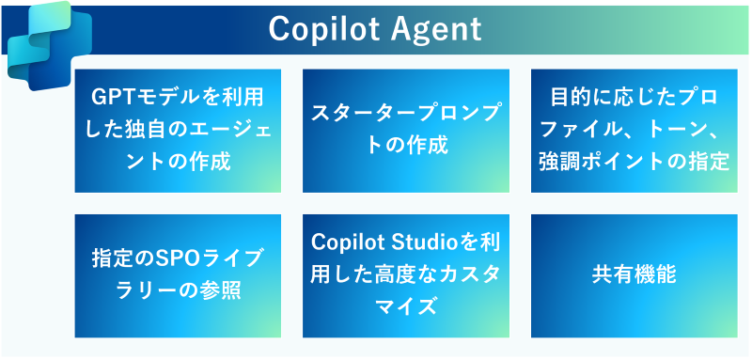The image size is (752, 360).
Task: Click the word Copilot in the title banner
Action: tap(323, 29)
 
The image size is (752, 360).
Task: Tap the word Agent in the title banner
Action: tap(435, 30)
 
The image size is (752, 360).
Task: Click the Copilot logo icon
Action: tap(50, 45)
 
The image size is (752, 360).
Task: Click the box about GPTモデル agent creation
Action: tap(178, 131)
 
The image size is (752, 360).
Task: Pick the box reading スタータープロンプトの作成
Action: tap(406, 131)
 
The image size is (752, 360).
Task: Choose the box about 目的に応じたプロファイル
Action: tap(634, 131)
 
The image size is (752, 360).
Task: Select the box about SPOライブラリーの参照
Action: tap(178, 275)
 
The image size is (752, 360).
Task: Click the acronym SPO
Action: tap(172, 259)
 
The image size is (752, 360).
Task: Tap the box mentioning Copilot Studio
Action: tap(406, 275)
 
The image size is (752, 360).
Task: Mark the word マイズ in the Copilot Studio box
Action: tap(406, 307)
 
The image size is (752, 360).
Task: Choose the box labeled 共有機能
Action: tap(634, 275)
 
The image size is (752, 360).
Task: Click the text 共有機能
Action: tap(634, 275)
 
